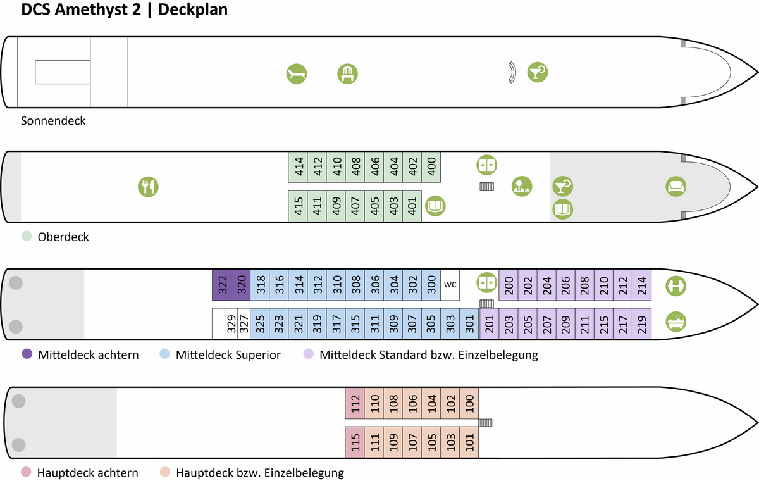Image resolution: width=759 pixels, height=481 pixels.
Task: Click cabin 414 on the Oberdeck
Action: [x=298, y=167]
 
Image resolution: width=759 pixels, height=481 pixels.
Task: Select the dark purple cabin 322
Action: [x=221, y=285]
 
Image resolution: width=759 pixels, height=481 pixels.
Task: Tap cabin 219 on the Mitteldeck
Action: [x=642, y=323]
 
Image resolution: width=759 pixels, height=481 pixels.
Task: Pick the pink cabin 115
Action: [x=355, y=442]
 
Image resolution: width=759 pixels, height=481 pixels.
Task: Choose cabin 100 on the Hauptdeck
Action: [x=469, y=403]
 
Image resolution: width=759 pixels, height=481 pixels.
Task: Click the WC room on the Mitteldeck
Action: [x=450, y=285]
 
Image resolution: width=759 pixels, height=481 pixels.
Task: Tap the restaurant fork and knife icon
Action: [x=148, y=187]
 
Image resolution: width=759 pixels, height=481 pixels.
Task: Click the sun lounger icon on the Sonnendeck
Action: [x=297, y=74]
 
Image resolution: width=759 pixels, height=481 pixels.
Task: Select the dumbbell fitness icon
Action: [x=676, y=286]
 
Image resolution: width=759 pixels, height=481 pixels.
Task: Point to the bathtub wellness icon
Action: [x=676, y=322]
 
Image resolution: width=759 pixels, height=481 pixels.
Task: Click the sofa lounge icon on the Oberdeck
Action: [x=676, y=187]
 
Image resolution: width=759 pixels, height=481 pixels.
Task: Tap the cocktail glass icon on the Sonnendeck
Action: [x=538, y=72]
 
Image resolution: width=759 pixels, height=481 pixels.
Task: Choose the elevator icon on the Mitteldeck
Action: [x=486, y=282]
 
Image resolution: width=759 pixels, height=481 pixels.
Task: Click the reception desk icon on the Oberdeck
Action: [x=522, y=187]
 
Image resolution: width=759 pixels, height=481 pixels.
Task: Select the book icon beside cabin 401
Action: [x=435, y=206]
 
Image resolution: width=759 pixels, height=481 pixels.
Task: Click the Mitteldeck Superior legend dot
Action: [x=164, y=354]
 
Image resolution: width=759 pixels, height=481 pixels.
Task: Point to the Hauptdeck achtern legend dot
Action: [x=26, y=472]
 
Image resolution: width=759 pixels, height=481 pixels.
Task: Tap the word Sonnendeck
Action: [x=53, y=121]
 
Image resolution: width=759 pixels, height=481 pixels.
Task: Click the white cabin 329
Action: [x=231, y=323]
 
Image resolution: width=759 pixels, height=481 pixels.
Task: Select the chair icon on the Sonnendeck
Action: [x=347, y=74]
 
